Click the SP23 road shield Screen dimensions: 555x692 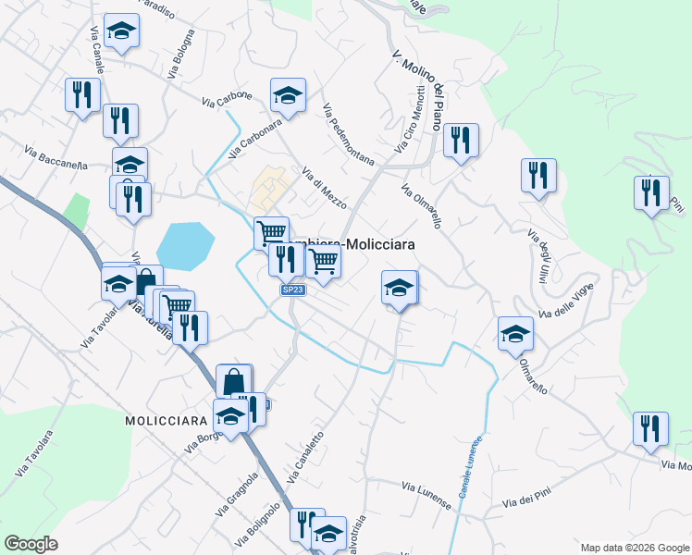pos(292,290)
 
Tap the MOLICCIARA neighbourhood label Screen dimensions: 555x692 pos(167,420)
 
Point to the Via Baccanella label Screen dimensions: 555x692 pos(56,159)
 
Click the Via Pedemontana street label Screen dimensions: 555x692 pos(349,134)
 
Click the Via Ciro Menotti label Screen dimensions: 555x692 pos(411,120)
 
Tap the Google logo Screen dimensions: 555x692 pos(31,544)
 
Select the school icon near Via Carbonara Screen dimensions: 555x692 pos(288,95)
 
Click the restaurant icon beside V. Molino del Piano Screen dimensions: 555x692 pos(460,141)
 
